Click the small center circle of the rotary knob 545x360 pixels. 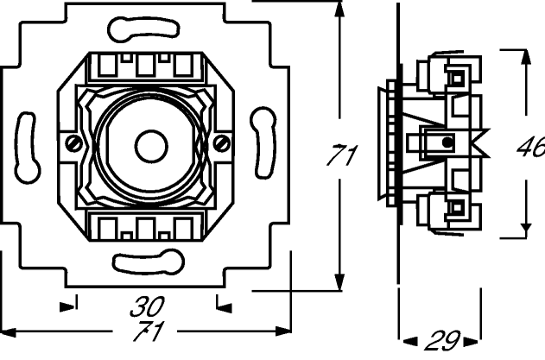pyautogui.click(x=151, y=147)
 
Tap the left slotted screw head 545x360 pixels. pyautogui.click(x=74, y=143)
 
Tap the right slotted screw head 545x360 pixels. pyautogui.click(x=221, y=142)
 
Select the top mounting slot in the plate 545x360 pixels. pyautogui.click(x=143, y=28)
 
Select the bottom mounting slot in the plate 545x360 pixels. pyautogui.click(x=149, y=262)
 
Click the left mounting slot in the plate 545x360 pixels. pyautogui.click(x=27, y=148)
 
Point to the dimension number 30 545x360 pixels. pyautogui.click(x=147, y=306)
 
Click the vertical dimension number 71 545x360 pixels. pyautogui.click(x=342, y=155)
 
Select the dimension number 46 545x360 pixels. pyautogui.click(x=531, y=147)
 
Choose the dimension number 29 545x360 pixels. pyautogui.click(x=442, y=340)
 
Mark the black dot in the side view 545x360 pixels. pyautogui.click(x=447, y=142)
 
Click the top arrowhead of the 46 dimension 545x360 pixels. pyautogui.click(x=526, y=57)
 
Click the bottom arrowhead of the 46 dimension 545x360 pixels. pyautogui.click(x=526, y=231)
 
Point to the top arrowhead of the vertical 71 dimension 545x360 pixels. pyautogui.click(x=339, y=9)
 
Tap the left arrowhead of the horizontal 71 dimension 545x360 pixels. pyautogui.click(x=8, y=332)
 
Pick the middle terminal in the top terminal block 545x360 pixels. pyautogui.click(x=145, y=66)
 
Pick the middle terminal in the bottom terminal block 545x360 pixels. pyautogui.click(x=146, y=228)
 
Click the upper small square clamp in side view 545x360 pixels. pyautogui.click(x=457, y=79)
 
